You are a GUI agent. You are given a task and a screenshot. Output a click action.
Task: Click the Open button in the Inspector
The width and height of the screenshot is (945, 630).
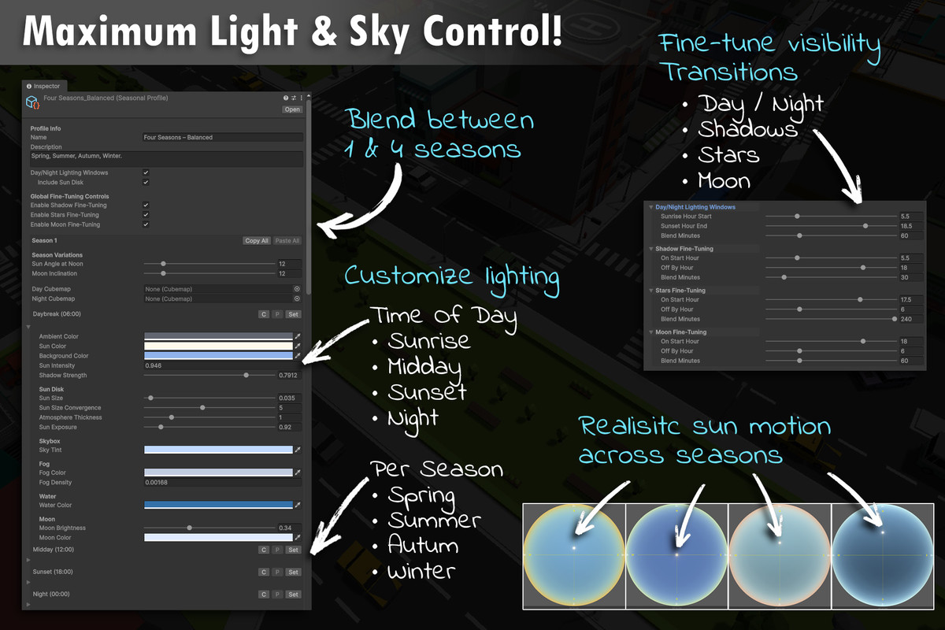coord(292,109)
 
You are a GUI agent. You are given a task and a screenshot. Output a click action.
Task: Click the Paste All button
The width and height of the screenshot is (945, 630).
coord(287,241)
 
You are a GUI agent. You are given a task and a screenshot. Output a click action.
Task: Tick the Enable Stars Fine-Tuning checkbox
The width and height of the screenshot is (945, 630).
coord(146,215)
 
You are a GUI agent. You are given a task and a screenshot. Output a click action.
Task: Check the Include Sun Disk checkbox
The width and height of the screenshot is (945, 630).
coord(146,182)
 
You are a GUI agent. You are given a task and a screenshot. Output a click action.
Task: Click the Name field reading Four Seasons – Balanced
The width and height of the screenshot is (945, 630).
coord(222,137)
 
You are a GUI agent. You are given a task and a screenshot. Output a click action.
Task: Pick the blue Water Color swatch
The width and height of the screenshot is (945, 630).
coord(218,505)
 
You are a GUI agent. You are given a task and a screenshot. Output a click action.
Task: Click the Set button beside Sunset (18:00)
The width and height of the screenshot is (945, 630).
coord(293,572)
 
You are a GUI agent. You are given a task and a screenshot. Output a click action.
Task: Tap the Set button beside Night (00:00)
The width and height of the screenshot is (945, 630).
coord(293,595)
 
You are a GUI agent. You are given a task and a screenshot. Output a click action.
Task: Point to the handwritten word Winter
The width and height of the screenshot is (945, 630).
coord(422,570)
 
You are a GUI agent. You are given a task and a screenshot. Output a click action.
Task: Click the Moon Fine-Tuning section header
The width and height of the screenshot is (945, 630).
coord(682,332)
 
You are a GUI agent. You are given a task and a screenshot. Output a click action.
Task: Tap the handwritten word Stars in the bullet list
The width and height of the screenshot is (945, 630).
coord(728,154)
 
